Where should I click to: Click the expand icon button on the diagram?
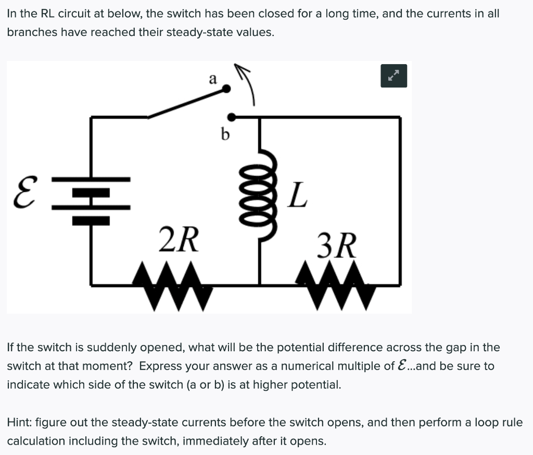pos(393,76)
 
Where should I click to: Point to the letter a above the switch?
pos(212,79)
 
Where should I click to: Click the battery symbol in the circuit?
pos(91,200)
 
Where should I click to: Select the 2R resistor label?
pos(178,240)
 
